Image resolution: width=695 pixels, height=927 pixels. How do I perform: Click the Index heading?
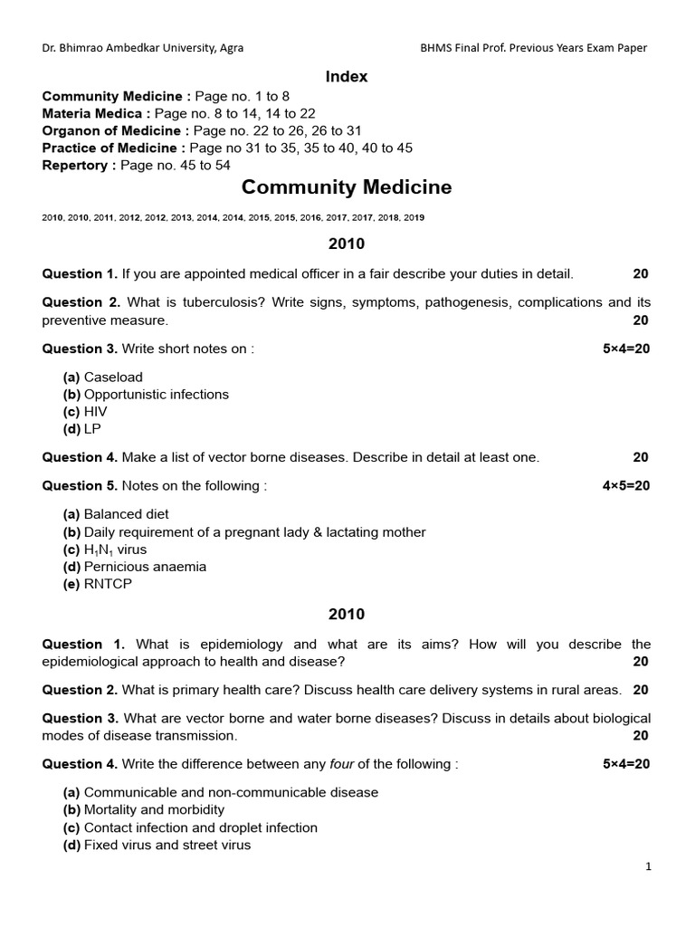tap(347, 77)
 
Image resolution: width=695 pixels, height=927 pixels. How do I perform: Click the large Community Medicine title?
tap(347, 188)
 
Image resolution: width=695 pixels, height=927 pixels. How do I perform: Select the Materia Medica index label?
tap(92, 114)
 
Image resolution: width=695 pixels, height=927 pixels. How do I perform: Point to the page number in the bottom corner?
tap(648, 866)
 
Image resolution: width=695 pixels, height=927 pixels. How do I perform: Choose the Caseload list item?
tap(112, 377)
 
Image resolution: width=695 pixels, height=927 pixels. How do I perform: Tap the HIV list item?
tap(95, 412)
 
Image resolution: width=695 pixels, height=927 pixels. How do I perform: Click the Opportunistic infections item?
tap(156, 395)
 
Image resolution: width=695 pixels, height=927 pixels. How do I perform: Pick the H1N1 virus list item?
tap(114, 550)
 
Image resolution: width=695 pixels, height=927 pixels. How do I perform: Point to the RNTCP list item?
tap(107, 584)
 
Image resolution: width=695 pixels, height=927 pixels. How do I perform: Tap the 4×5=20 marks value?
tap(626, 486)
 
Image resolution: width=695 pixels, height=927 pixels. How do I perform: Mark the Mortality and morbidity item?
tap(154, 810)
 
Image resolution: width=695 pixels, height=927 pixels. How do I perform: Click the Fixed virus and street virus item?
tap(167, 846)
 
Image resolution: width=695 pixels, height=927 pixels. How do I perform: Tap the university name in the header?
tap(142, 48)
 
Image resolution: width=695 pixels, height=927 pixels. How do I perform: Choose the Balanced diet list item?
tap(126, 515)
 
